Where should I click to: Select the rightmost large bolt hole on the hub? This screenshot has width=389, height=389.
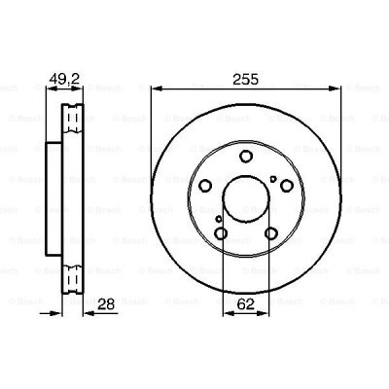(287, 187)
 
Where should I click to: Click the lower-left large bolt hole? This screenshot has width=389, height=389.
(221, 234)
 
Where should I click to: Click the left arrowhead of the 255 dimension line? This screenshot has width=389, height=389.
(155, 94)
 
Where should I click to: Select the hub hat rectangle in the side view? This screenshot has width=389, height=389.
(55, 200)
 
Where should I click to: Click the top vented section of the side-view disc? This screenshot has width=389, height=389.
(71, 123)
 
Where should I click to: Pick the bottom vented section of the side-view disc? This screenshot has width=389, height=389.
(71, 276)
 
